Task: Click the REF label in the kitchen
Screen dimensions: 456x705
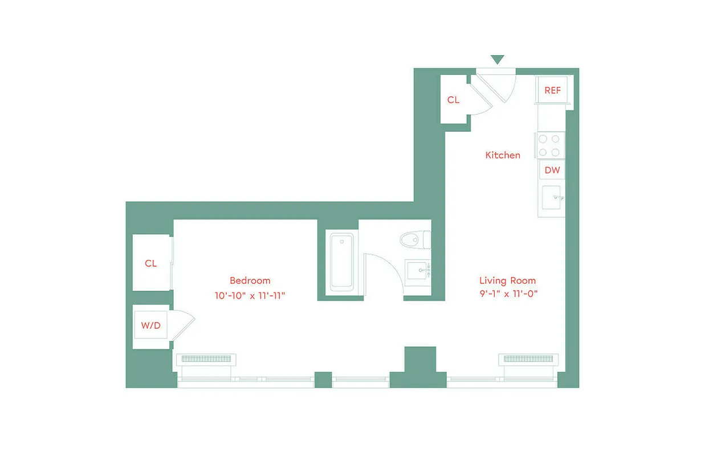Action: coord(552,90)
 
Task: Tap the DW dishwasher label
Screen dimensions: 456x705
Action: coord(552,170)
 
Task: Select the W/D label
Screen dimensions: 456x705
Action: coord(150,326)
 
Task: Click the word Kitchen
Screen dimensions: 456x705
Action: coord(503,155)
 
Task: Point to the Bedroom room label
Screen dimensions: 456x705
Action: coord(250,280)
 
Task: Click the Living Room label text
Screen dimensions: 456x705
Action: coord(507,280)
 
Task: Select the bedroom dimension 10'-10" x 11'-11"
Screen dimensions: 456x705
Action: coord(249,295)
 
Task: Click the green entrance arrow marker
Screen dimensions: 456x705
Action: coord(498,59)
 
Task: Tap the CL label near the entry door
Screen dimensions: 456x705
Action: coord(453,100)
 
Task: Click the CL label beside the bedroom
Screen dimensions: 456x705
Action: coord(150,263)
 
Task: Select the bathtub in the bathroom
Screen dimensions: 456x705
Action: coord(341,263)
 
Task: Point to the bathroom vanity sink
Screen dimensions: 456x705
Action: coord(418,270)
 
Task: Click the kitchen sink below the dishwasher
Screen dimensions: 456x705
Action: coord(552,198)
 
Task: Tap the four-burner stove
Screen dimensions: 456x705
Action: coord(549,145)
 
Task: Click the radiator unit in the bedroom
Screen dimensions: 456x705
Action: coord(205,359)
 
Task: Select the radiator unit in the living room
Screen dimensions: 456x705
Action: coord(528,359)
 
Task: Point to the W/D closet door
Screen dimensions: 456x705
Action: coord(184,324)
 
